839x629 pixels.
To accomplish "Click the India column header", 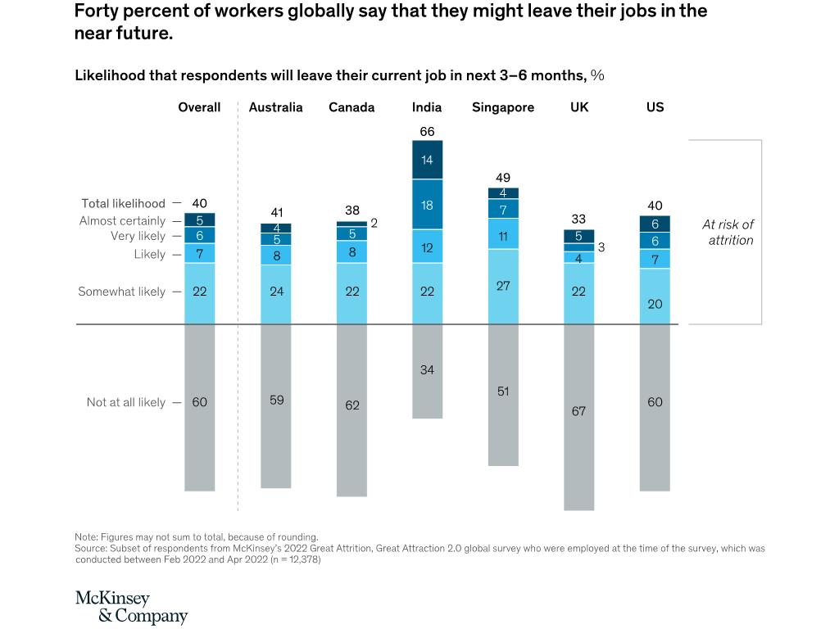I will (427, 107).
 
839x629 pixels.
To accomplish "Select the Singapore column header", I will (503, 107).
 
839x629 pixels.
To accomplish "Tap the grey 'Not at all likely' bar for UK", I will (578, 418).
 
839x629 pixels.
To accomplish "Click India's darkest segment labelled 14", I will (427, 160).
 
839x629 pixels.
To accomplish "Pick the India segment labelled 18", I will (427, 205).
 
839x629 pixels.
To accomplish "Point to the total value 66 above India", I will (427, 131).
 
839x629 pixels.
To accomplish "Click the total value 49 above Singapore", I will (503, 178).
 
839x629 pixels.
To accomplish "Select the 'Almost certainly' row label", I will (122, 221).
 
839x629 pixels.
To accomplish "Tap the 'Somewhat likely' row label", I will (121, 292).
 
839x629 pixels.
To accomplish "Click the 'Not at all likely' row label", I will (125, 402).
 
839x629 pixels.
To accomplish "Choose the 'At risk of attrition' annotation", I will (728, 233).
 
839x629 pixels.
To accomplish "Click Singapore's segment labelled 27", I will (503, 286).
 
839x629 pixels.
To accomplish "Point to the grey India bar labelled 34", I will (427, 371).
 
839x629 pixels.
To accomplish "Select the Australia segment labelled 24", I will (276, 292).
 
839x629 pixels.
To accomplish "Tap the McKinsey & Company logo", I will (131, 607).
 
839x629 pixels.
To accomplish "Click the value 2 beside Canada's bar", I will (374, 222).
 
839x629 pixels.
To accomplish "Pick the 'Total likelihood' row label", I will (123, 203).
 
